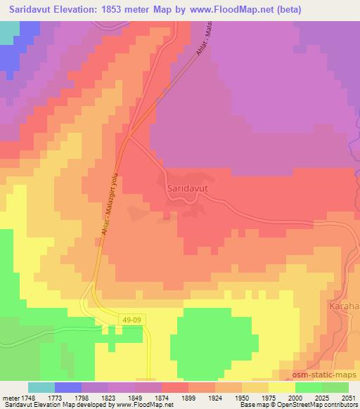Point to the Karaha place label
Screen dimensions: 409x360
coord(344,307)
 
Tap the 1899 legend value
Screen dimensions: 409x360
coord(188,398)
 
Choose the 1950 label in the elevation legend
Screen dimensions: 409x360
coord(242,398)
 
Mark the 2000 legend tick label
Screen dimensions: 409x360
coord(295,398)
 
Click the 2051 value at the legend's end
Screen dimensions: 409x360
coord(348,398)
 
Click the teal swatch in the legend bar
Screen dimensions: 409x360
coord(41,387)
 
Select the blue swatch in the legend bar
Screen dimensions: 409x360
coord(68,387)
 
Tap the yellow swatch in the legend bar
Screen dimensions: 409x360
coord(282,387)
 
